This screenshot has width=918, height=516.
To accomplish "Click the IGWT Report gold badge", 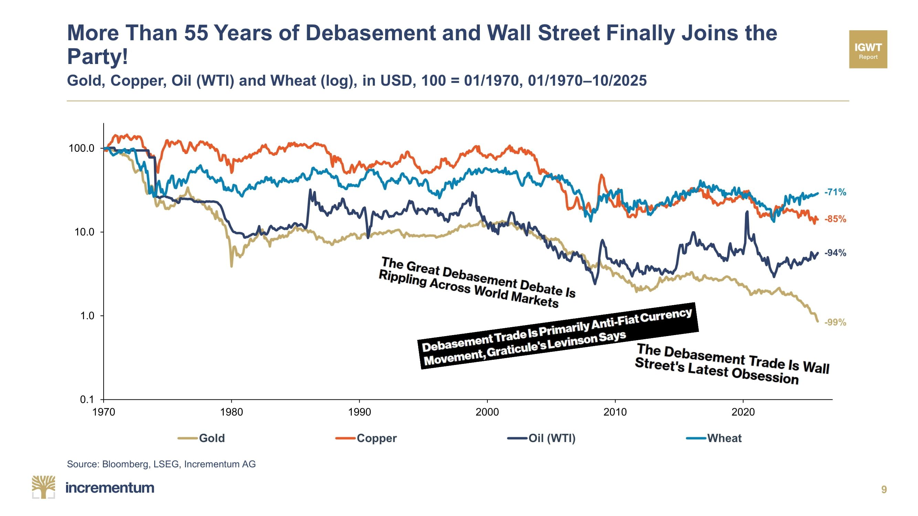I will point(868,49).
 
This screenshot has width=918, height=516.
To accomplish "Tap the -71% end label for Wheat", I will point(835,192).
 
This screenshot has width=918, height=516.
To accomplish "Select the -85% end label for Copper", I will point(835,219).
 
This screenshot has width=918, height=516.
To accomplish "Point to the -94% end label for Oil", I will point(835,253).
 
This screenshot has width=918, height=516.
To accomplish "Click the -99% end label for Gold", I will point(835,322).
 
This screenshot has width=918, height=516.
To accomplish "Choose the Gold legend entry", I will point(211,438).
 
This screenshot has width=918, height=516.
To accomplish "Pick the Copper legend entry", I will point(376,438).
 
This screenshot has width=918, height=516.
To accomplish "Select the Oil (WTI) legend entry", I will point(552,438).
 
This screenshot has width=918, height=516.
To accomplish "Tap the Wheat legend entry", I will point(724,438).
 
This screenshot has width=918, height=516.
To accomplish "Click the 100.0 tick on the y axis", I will point(82,148).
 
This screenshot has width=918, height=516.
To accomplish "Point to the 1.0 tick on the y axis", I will point(87,316).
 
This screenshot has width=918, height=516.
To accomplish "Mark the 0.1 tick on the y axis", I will point(87,399).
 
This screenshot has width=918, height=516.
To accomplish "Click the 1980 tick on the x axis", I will point(231,412).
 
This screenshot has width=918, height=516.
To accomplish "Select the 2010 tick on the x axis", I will point(615,412).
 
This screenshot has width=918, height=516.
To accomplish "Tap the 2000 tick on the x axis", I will point(487,412).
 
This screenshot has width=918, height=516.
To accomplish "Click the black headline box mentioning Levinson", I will point(558,336).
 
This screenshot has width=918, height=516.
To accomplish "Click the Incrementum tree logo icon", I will point(43,487).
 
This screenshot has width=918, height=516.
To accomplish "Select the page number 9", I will point(884,490).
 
